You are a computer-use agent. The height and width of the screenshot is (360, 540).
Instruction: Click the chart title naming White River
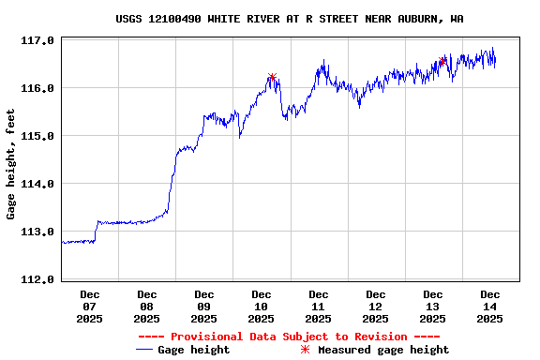[x=289, y=19]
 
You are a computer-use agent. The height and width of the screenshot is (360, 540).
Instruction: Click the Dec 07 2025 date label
[x=90, y=307]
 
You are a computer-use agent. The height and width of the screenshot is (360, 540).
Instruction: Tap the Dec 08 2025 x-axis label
[x=147, y=307]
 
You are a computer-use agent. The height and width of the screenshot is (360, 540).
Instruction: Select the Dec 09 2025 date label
[x=204, y=307]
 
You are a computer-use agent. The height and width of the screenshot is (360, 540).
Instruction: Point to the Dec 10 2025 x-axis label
[x=262, y=307]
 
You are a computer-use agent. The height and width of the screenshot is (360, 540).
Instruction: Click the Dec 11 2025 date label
[x=319, y=307]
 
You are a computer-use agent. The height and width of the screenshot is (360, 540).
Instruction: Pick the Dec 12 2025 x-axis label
[x=376, y=307]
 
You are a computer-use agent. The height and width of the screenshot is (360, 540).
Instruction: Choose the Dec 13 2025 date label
[x=433, y=307]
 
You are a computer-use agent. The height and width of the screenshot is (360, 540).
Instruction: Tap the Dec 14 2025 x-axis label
[x=490, y=307]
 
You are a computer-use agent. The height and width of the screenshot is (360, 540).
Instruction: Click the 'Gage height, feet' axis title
[x=11, y=164]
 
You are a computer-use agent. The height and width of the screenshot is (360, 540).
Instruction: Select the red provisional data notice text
[x=289, y=337]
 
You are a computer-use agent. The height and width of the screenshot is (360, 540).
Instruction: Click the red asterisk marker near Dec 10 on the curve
[x=272, y=78]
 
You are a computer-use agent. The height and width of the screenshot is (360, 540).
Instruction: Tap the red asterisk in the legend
[x=305, y=350]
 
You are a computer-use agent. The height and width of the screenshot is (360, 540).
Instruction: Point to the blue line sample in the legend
[x=144, y=350]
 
